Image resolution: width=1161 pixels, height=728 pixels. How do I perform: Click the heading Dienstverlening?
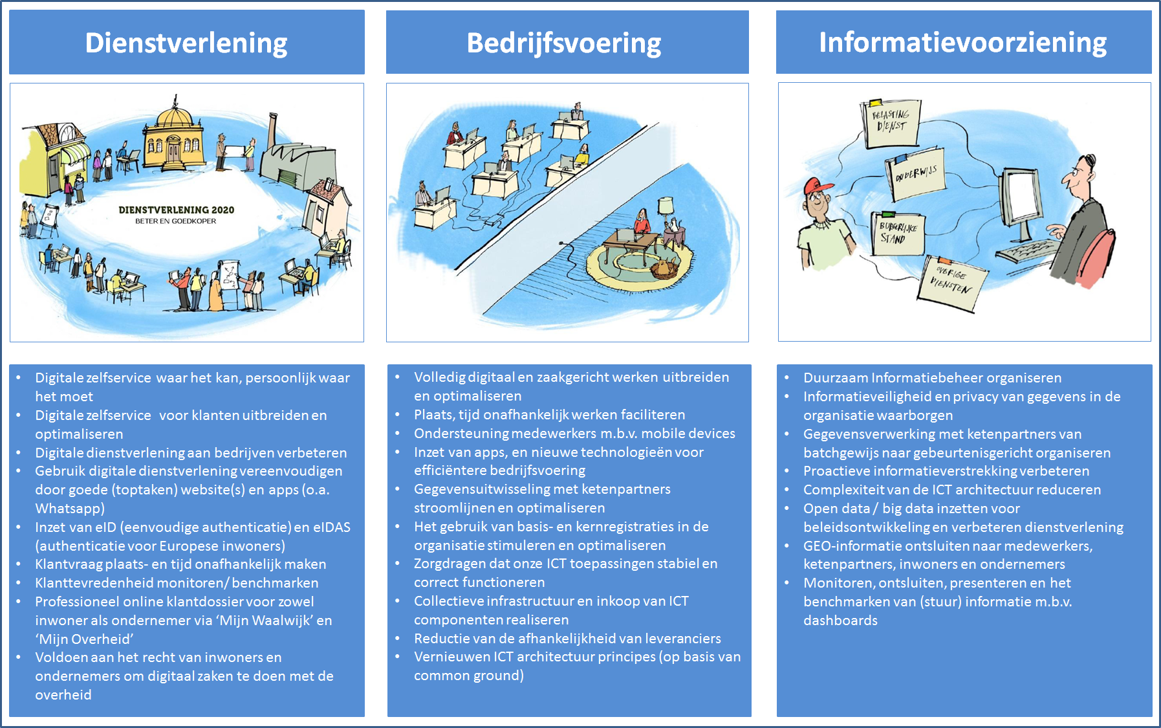(186, 43)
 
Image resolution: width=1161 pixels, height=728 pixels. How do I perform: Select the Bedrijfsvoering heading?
(564, 43)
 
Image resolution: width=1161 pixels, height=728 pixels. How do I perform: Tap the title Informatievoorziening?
(963, 42)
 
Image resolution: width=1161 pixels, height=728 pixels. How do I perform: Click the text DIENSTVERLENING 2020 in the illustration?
(176, 210)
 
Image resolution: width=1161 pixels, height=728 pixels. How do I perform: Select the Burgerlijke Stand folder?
(897, 233)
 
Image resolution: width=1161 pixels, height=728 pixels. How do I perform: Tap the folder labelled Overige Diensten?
(952, 281)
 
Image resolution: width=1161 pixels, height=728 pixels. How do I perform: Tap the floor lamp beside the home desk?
(666, 217)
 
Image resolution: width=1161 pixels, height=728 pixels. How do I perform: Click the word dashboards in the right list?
(840, 620)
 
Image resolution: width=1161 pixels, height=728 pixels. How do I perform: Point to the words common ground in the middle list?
(469, 676)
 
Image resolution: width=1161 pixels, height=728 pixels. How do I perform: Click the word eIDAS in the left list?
(331, 527)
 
